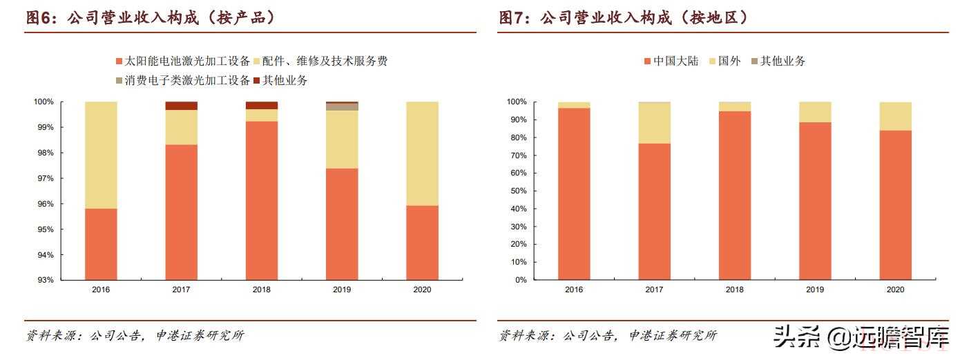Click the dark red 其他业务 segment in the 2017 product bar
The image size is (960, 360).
(x=181, y=106)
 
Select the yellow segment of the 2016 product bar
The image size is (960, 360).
(x=101, y=155)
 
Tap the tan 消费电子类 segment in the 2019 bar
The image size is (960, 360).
(x=342, y=107)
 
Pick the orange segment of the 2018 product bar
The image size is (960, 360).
(x=262, y=200)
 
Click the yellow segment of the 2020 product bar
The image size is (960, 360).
(x=422, y=153)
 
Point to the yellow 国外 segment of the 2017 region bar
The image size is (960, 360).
(x=654, y=123)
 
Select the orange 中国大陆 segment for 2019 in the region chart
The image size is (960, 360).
(x=815, y=201)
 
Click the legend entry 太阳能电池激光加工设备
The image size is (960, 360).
(x=182, y=61)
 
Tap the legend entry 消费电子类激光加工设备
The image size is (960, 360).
(x=182, y=80)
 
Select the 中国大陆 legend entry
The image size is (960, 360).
(x=671, y=61)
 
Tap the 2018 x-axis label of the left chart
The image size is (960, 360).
(x=261, y=290)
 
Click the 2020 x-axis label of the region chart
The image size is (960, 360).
(x=895, y=290)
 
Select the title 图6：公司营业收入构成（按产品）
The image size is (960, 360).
(x=151, y=19)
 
